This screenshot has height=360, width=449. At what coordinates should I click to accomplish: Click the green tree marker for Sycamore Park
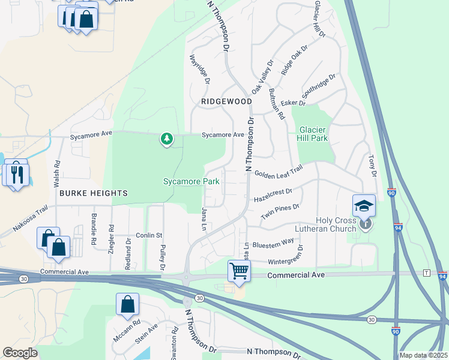(167, 139)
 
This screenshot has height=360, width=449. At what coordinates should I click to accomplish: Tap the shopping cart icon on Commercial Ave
(239, 271)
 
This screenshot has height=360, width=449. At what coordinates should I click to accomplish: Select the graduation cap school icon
(364, 206)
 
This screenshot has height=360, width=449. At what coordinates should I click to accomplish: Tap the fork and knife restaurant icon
(17, 174)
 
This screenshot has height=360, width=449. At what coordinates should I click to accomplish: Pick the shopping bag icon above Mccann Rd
(128, 305)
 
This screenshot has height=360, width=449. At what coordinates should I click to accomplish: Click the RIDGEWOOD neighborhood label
(226, 102)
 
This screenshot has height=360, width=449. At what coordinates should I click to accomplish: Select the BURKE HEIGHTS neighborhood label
(93, 193)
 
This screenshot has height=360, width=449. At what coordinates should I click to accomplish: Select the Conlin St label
(149, 235)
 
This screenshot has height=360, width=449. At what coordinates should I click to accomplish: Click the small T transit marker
(427, 273)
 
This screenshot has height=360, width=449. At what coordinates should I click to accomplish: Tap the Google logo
(20, 352)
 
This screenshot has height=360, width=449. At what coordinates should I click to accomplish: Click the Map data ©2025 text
(423, 355)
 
